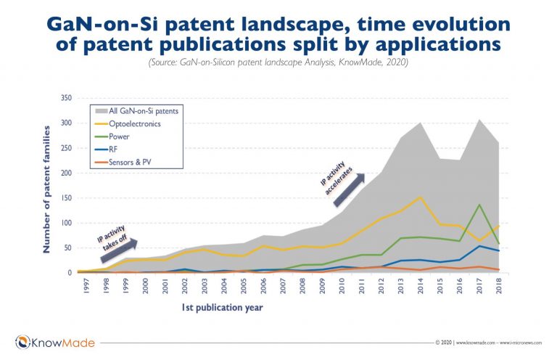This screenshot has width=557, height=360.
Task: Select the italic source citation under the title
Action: coord(278,64)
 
